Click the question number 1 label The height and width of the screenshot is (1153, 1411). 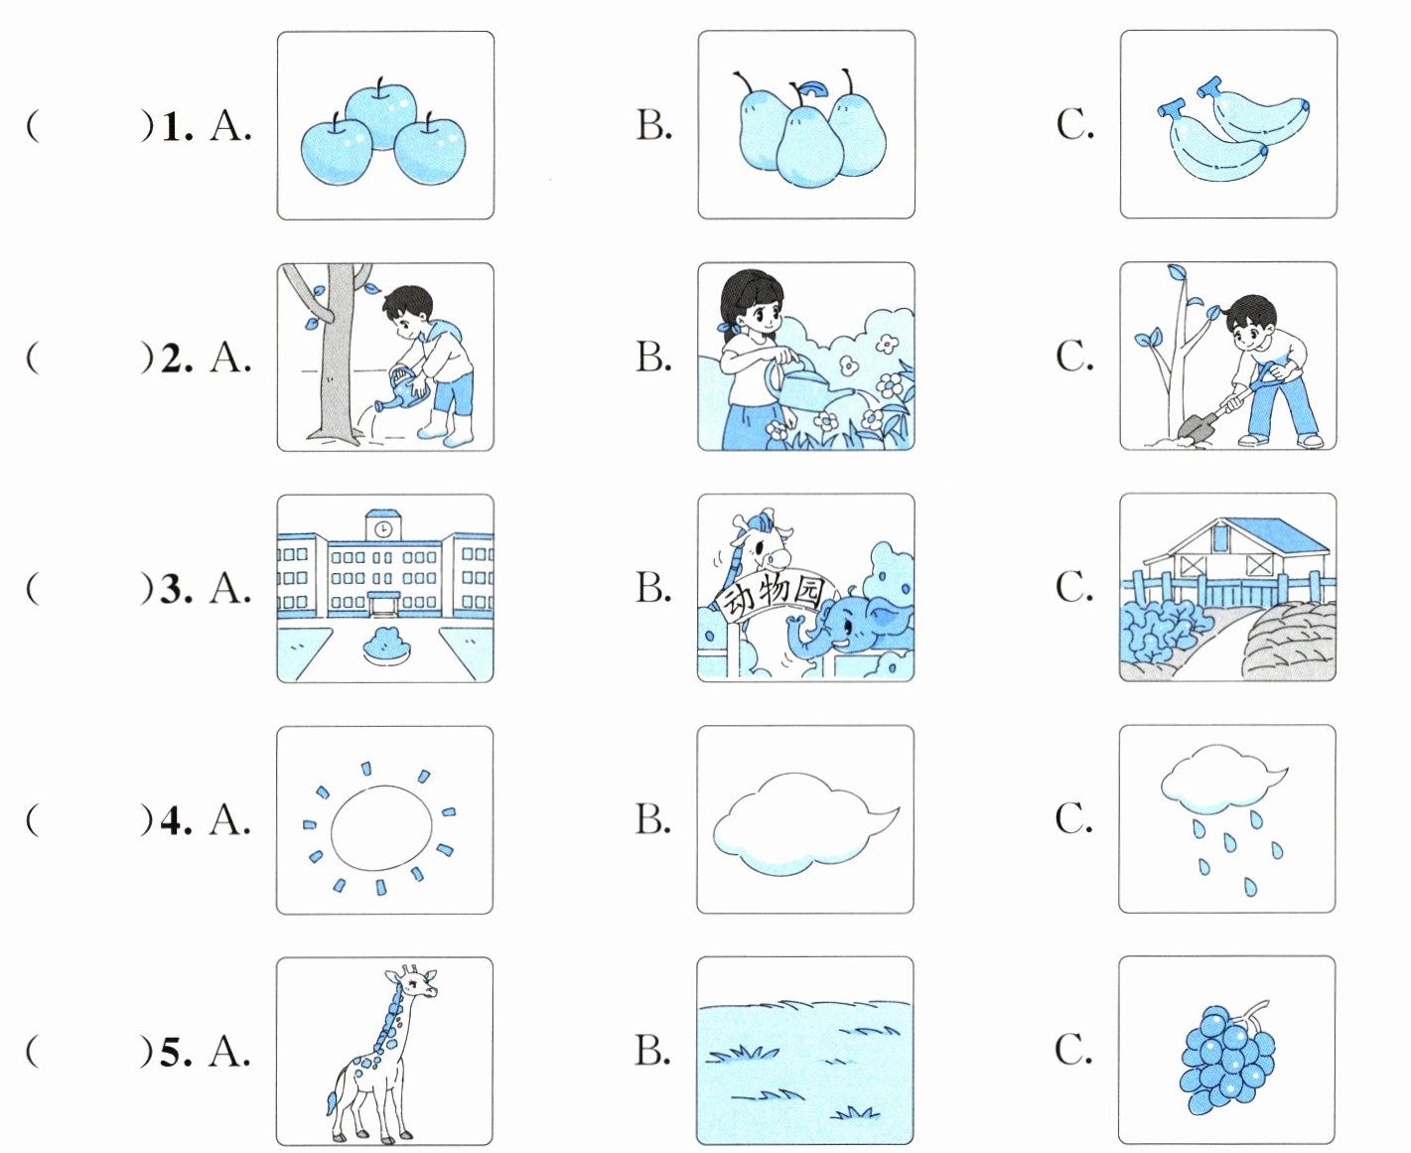tap(177, 126)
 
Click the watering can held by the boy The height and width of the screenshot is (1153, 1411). tap(403, 389)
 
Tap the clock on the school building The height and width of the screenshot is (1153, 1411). tap(382, 529)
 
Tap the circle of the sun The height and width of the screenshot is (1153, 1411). tap(382, 825)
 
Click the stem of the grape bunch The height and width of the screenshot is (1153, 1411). tap(1255, 1013)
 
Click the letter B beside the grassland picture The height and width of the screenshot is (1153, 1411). tap(652, 1049)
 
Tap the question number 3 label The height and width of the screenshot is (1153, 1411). tap(177, 589)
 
